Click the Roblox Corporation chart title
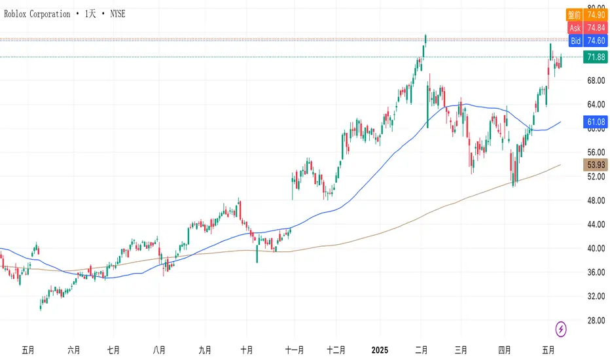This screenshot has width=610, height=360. click(65, 14)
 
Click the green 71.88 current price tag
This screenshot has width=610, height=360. click(595, 57)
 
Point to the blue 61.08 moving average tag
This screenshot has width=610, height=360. click(595, 122)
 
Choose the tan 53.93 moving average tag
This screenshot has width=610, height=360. click(595, 164)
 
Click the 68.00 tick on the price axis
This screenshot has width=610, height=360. click(594, 81)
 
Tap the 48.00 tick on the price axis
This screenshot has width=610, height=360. click(594, 200)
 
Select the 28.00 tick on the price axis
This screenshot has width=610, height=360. click(594, 320)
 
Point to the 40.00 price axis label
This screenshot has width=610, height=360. click(594, 248)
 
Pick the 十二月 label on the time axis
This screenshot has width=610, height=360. click(336, 350)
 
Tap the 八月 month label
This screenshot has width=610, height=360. click(158, 350)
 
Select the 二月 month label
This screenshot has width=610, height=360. click(422, 350)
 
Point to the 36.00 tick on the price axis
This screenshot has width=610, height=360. click(594, 272)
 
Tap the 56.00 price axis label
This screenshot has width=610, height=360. click(594, 153)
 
